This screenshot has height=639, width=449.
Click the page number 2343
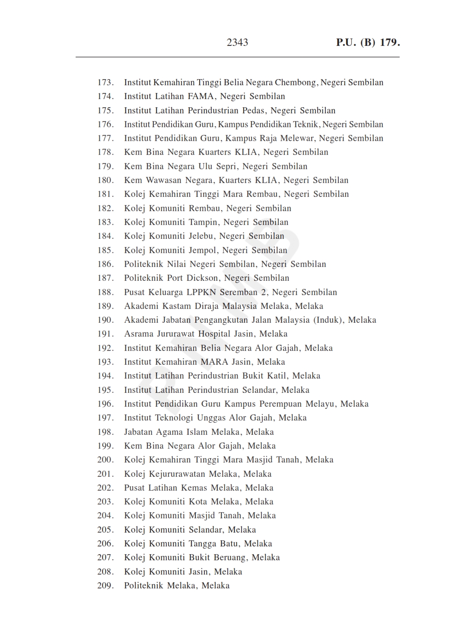(237, 42)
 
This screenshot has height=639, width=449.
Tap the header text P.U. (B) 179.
(368, 42)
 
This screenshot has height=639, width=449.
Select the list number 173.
(105, 83)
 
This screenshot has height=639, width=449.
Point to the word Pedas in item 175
(254, 110)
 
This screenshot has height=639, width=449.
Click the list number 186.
(105, 264)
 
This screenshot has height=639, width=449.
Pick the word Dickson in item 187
(203, 278)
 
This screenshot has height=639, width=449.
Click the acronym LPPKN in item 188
(201, 292)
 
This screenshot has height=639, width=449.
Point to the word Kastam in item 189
(176, 306)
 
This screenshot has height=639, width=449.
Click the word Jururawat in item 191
(175, 334)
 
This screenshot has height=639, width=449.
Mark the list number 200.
(105, 460)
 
